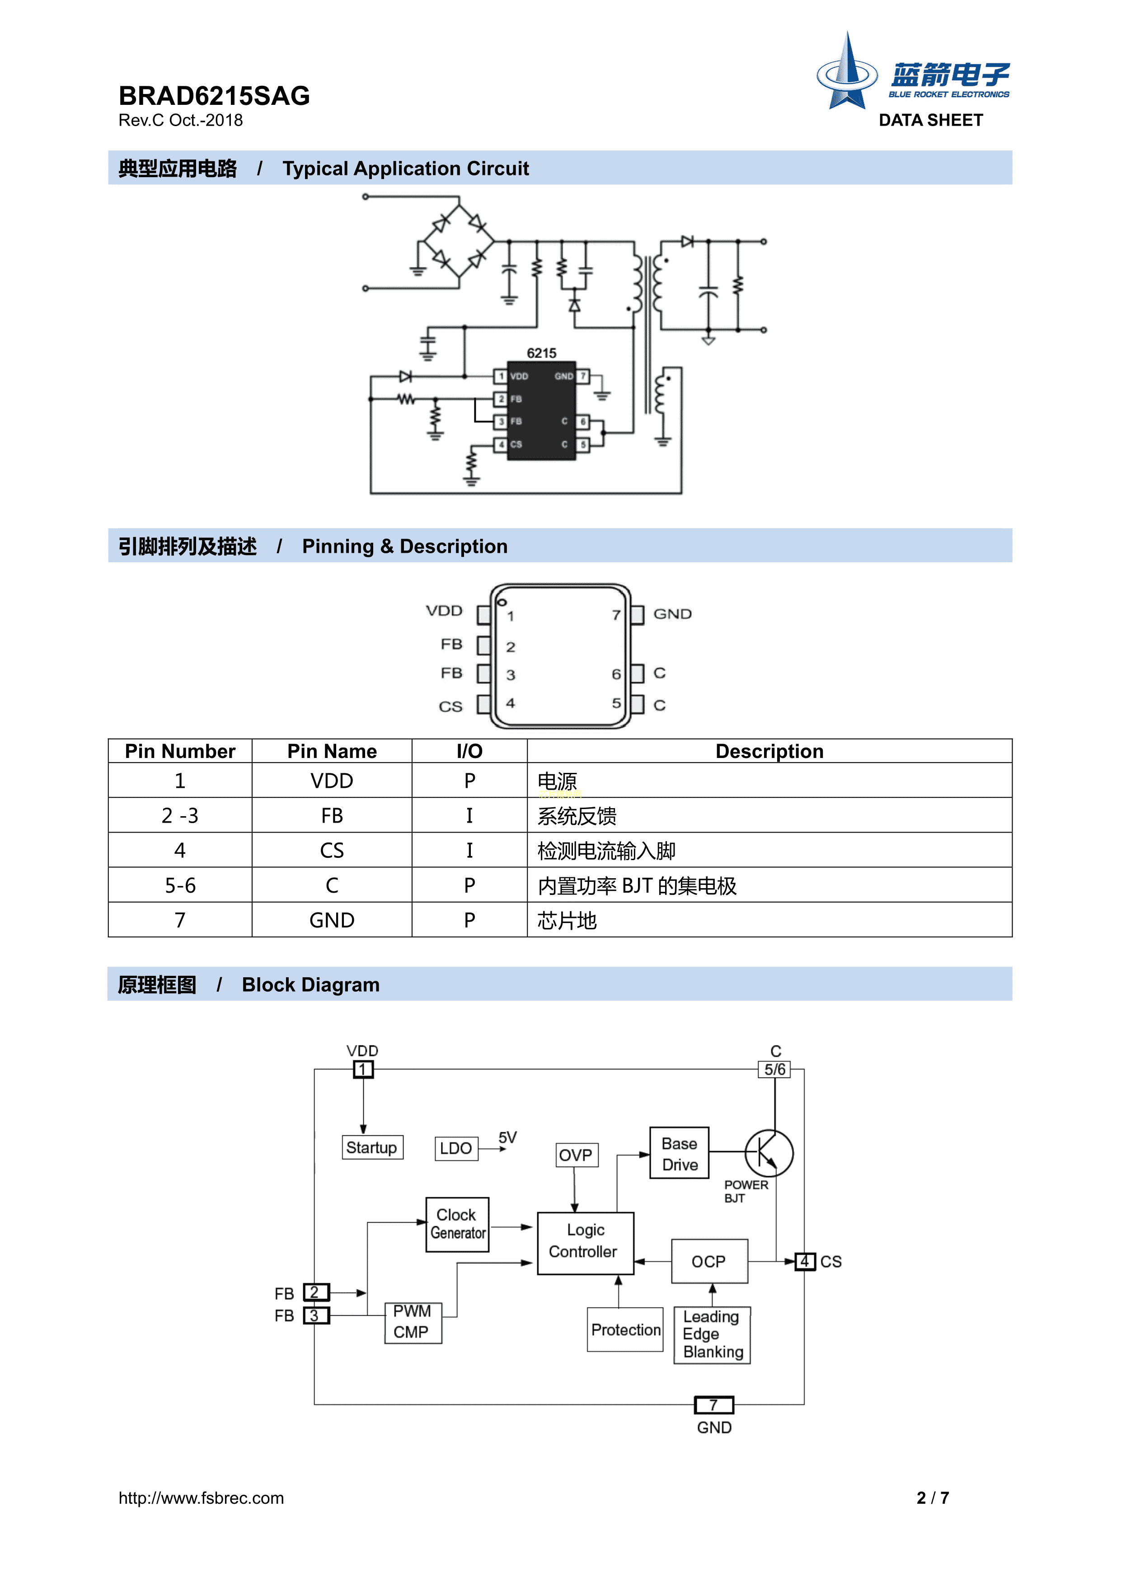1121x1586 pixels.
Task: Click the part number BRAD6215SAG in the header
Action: click(x=214, y=95)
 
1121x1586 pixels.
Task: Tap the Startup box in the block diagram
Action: click(x=372, y=1148)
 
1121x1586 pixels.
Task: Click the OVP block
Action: click(x=576, y=1155)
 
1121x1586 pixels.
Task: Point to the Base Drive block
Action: click(x=680, y=1153)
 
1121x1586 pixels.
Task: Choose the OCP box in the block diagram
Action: click(x=709, y=1261)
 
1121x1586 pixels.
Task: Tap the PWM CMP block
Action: click(x=413, y=1322)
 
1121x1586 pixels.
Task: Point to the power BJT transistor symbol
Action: click(x=769, y=1153)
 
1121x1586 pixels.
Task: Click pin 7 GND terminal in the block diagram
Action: click(x=713, y=1405)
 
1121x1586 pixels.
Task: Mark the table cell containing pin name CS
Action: click(x=332, y=850)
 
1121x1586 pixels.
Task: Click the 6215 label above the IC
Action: click(x=541, y=353)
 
